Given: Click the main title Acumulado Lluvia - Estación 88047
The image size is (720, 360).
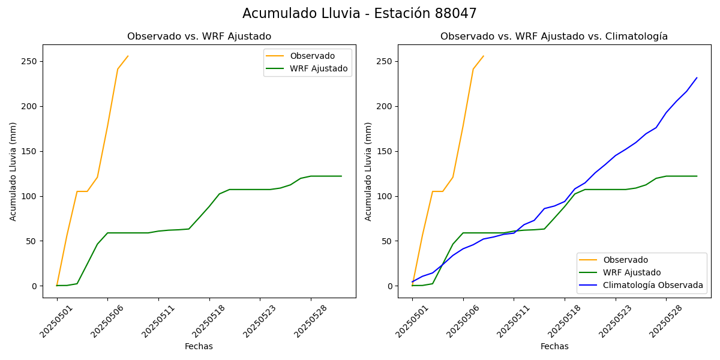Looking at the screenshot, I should (x=359, y=14).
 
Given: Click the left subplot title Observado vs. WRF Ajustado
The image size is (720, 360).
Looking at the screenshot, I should (x=199, y=37).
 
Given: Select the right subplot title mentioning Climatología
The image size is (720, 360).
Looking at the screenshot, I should (x=554, y=37).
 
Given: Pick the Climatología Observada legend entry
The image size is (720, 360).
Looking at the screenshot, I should (x=653, y=285).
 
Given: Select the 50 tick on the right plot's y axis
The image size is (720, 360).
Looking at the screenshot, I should (x=388, y=241).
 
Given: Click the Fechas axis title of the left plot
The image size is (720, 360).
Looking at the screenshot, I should (x=199, y=346).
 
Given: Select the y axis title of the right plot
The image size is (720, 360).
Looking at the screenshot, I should (x=368, y=171).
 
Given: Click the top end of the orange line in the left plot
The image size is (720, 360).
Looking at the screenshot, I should (x=128, y=56).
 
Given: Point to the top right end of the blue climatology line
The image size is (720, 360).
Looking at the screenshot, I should (x=697, y=77).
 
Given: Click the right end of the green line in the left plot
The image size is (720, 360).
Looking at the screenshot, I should (x=341, y=176).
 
